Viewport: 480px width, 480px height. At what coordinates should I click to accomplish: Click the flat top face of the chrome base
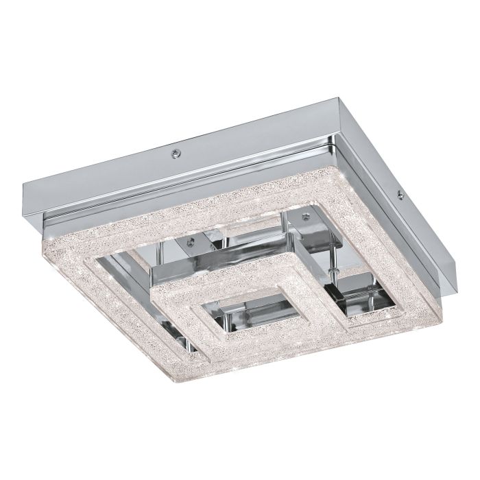pyautogui.click(x=226, y=151)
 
